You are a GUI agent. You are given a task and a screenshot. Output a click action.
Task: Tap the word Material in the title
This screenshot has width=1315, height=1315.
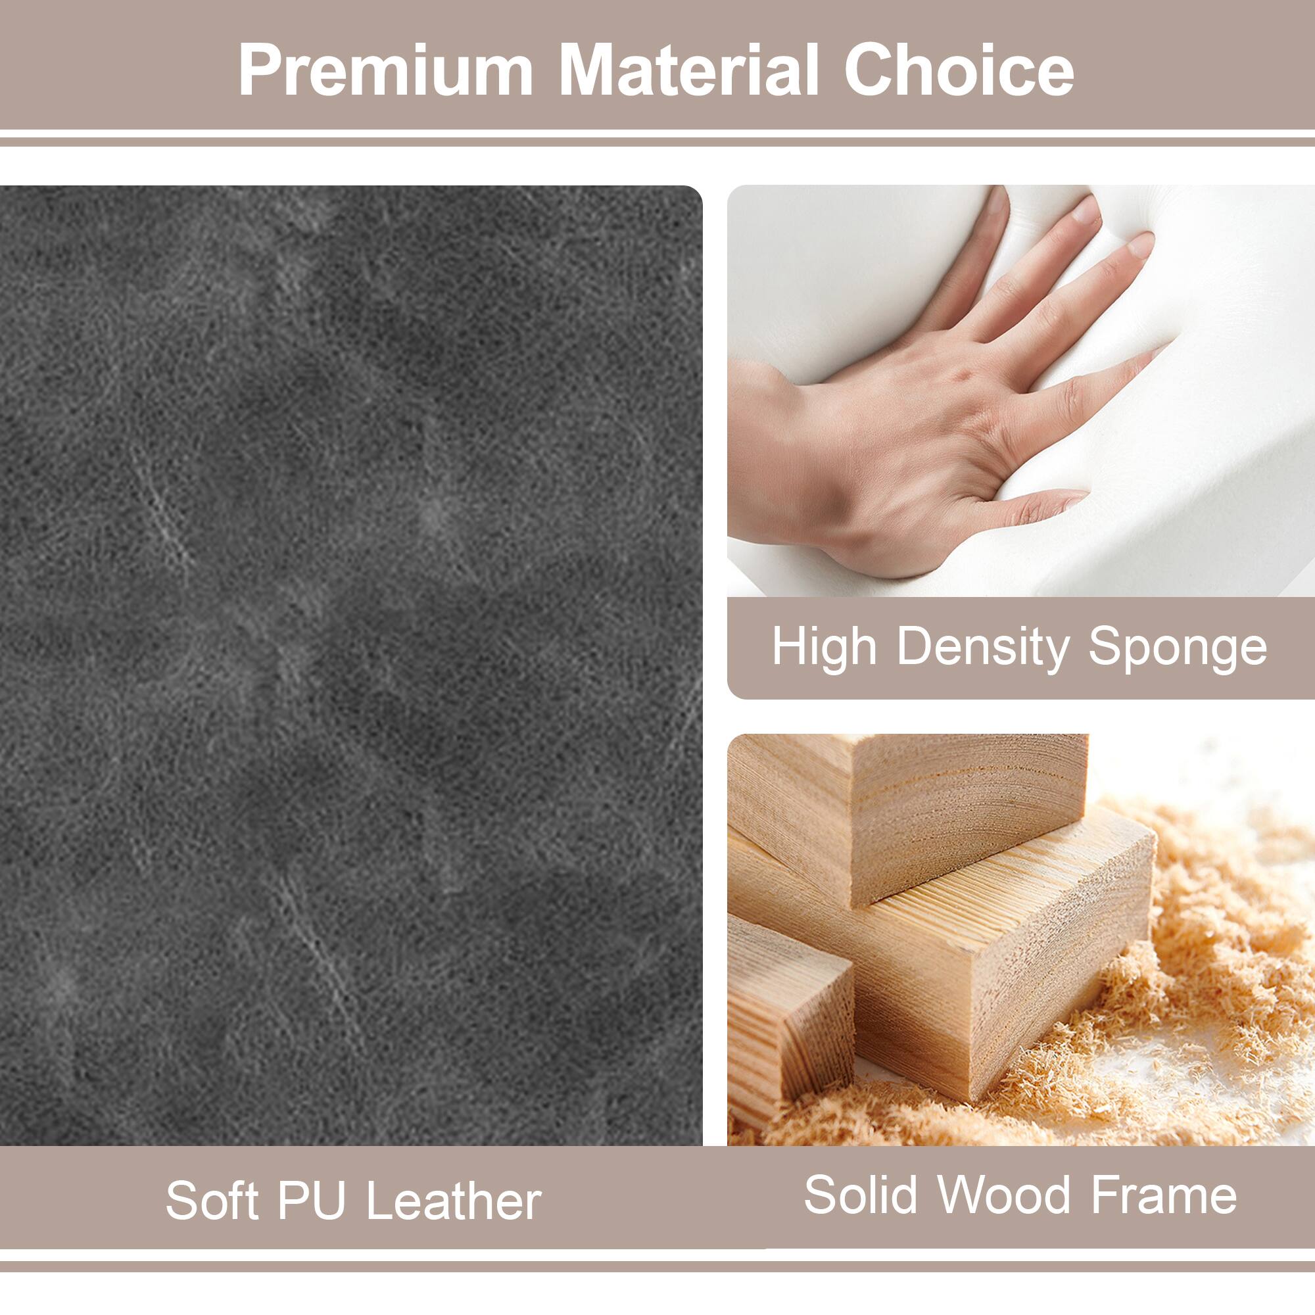tap(688, 71)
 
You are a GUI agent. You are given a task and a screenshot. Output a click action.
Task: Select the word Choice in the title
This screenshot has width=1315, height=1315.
tap(959, 71)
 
